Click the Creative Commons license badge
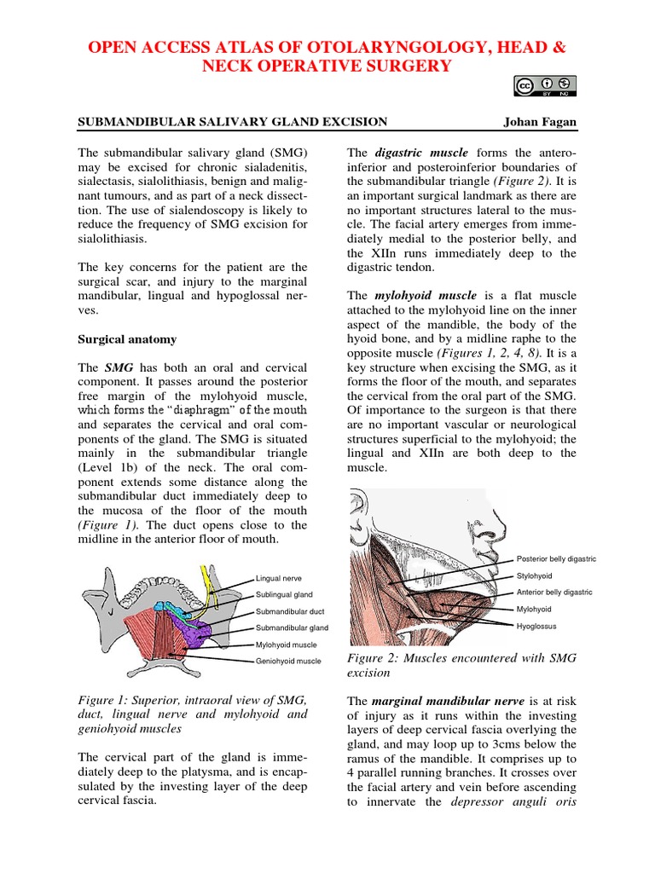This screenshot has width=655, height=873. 544,87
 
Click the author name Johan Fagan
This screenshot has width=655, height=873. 540,122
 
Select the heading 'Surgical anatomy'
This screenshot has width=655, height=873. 127,339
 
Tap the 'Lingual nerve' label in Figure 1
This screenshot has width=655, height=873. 278,578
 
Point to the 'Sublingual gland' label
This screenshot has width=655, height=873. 284,594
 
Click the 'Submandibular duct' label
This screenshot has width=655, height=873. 289,611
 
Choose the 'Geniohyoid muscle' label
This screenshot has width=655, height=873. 288,661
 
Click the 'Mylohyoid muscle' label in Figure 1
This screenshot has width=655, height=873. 286,645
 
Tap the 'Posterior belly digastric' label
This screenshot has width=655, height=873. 556,559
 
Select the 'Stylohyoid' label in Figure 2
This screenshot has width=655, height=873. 535,576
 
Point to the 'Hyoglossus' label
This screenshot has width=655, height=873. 536,626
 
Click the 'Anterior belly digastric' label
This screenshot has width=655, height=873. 554,593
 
